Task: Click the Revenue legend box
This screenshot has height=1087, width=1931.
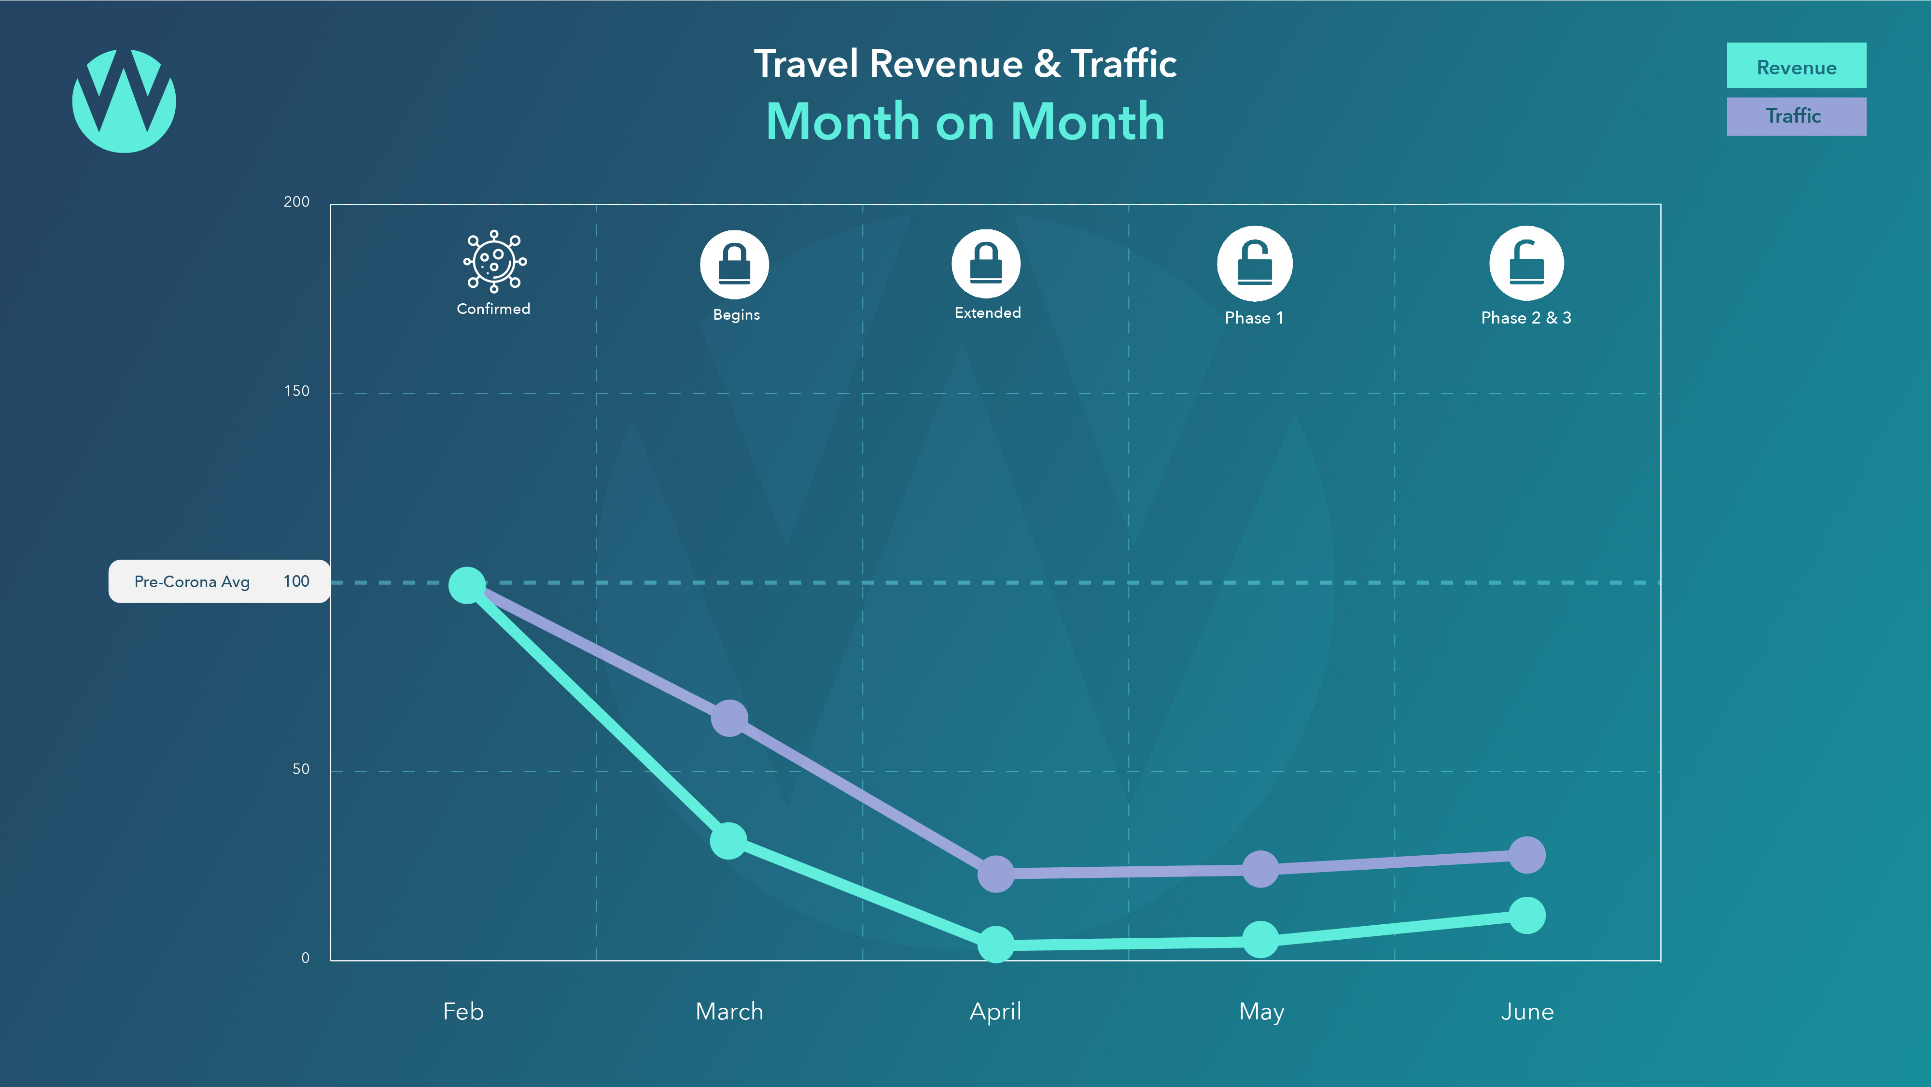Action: click(1796, 66)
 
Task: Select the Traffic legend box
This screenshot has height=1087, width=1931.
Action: click(1796, 116)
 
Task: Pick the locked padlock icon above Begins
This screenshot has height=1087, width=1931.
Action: click(735, 265)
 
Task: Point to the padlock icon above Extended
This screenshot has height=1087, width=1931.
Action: click(986, 264)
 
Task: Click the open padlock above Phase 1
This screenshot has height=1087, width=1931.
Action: click(1254, 264)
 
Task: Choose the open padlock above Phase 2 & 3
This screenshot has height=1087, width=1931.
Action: click(1526, 264)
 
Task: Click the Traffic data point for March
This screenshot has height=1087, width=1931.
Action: click(728, 718)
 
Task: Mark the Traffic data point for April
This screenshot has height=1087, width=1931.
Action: click(995, 874)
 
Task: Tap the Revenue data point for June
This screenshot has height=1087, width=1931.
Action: click(1526, 915)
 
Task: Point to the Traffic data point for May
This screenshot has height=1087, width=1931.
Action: click(1260, 869)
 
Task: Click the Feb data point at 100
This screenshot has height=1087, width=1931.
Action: click(467, 585)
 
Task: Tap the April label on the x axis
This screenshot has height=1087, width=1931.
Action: click(995, 1011)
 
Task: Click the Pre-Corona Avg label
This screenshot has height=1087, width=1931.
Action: click(192, 582)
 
